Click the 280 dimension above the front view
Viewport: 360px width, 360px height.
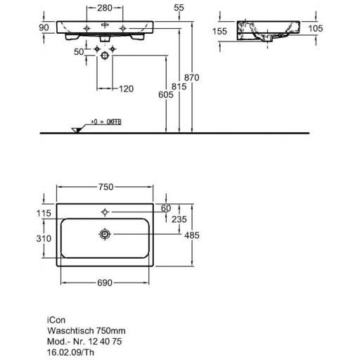point(105,7)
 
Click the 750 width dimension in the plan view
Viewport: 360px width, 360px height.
point(105,188)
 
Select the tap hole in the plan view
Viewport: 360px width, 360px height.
point(105,210)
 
